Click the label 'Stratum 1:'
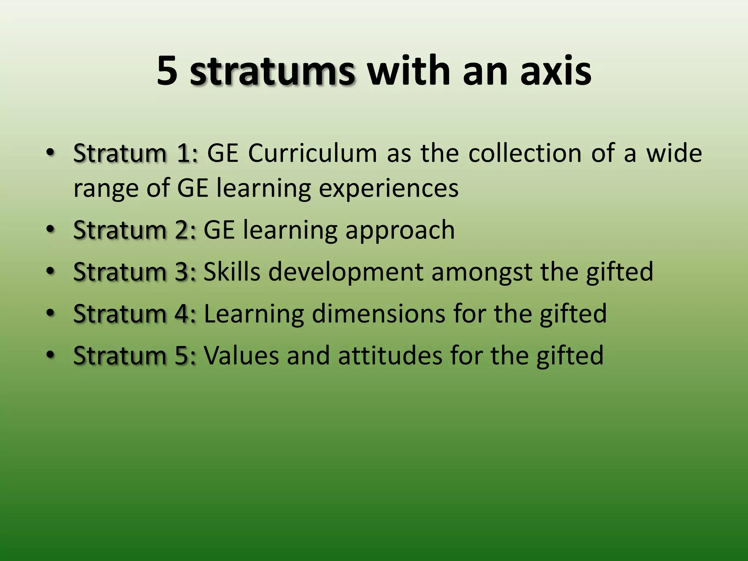tap(136, 153)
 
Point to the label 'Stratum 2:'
tap(135, 230)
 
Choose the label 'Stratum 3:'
tap(135, 272)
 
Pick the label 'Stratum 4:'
tap(135, 314)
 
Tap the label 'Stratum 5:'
tap(135, 355)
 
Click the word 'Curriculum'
tap(312, 153)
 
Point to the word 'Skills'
tap(232, 272)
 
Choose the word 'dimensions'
tap(378, 314)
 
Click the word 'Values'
tap(241, 355)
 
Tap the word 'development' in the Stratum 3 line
tap(346, 272)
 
